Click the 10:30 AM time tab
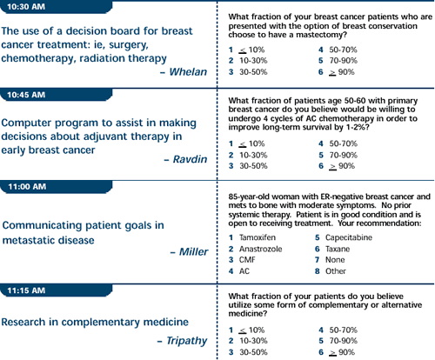pyautogui.click(x=56, y=6)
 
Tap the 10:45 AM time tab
pyautogui.click(x=56, y=95)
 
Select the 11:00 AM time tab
pyautogui.click(x=56, y=187)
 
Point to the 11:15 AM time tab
pyautogui.click(x=56, y=290)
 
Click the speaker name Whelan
pyautogui.click(x=188, y=72)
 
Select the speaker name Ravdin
pyautogui.click(x=190, y=159)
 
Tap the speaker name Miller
pyautogui.click(x=193, y=251)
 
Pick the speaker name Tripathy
pyautogui.click(x=187, y=341)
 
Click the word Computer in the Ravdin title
pyautogui.click(x=27, y=123)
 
